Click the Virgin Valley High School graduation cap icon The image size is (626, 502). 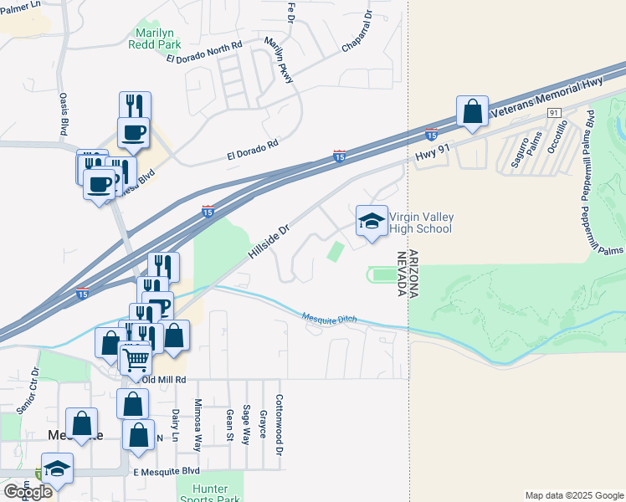pos(372,222)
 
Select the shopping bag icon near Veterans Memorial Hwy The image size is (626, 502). pos(472,112)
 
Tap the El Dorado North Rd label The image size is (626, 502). pos(204,52)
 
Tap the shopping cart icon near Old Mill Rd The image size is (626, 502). pos(136,361)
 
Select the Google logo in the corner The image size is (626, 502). pos(28,492)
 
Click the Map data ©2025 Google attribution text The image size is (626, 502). pos(573,495)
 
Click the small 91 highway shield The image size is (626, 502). pos(555,112)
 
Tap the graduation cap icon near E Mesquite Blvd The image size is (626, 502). pos(57,469)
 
